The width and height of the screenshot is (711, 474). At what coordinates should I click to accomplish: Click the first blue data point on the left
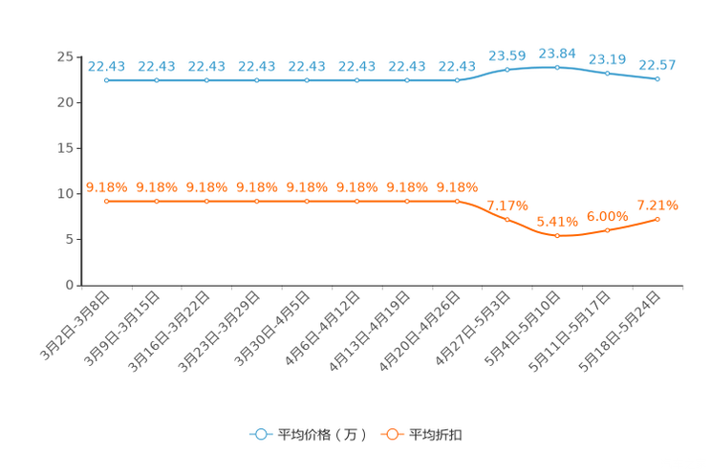point(106,81)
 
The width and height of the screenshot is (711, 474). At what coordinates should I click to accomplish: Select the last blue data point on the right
point(657,78)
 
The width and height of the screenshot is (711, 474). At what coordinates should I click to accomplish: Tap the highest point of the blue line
point(557,66)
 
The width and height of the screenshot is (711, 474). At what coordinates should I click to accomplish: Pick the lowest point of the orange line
point(557,235)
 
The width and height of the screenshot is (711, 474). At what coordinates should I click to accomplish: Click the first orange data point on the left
point(106,201)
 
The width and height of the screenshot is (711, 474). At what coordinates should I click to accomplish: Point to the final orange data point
point(657,219)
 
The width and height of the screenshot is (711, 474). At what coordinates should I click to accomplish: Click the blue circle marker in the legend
point(260,434)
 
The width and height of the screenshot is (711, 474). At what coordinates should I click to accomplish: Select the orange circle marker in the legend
point(392,434)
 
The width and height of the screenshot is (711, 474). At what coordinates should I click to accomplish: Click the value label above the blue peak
point(557,53)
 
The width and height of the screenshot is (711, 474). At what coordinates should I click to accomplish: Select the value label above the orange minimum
point(557,222)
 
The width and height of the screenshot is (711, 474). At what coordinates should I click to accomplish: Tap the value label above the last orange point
point(657,205)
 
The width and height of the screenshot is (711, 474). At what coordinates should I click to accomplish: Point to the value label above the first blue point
point(106,66)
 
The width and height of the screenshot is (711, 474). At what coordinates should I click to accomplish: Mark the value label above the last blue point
point(657,65)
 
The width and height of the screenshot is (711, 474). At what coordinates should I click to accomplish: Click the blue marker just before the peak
point(507,69)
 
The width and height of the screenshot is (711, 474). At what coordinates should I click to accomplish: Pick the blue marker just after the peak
point(608,73)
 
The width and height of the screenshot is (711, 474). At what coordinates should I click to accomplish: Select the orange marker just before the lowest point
point(507,218)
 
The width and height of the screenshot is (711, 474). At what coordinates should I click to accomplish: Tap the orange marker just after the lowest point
point(608,229)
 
